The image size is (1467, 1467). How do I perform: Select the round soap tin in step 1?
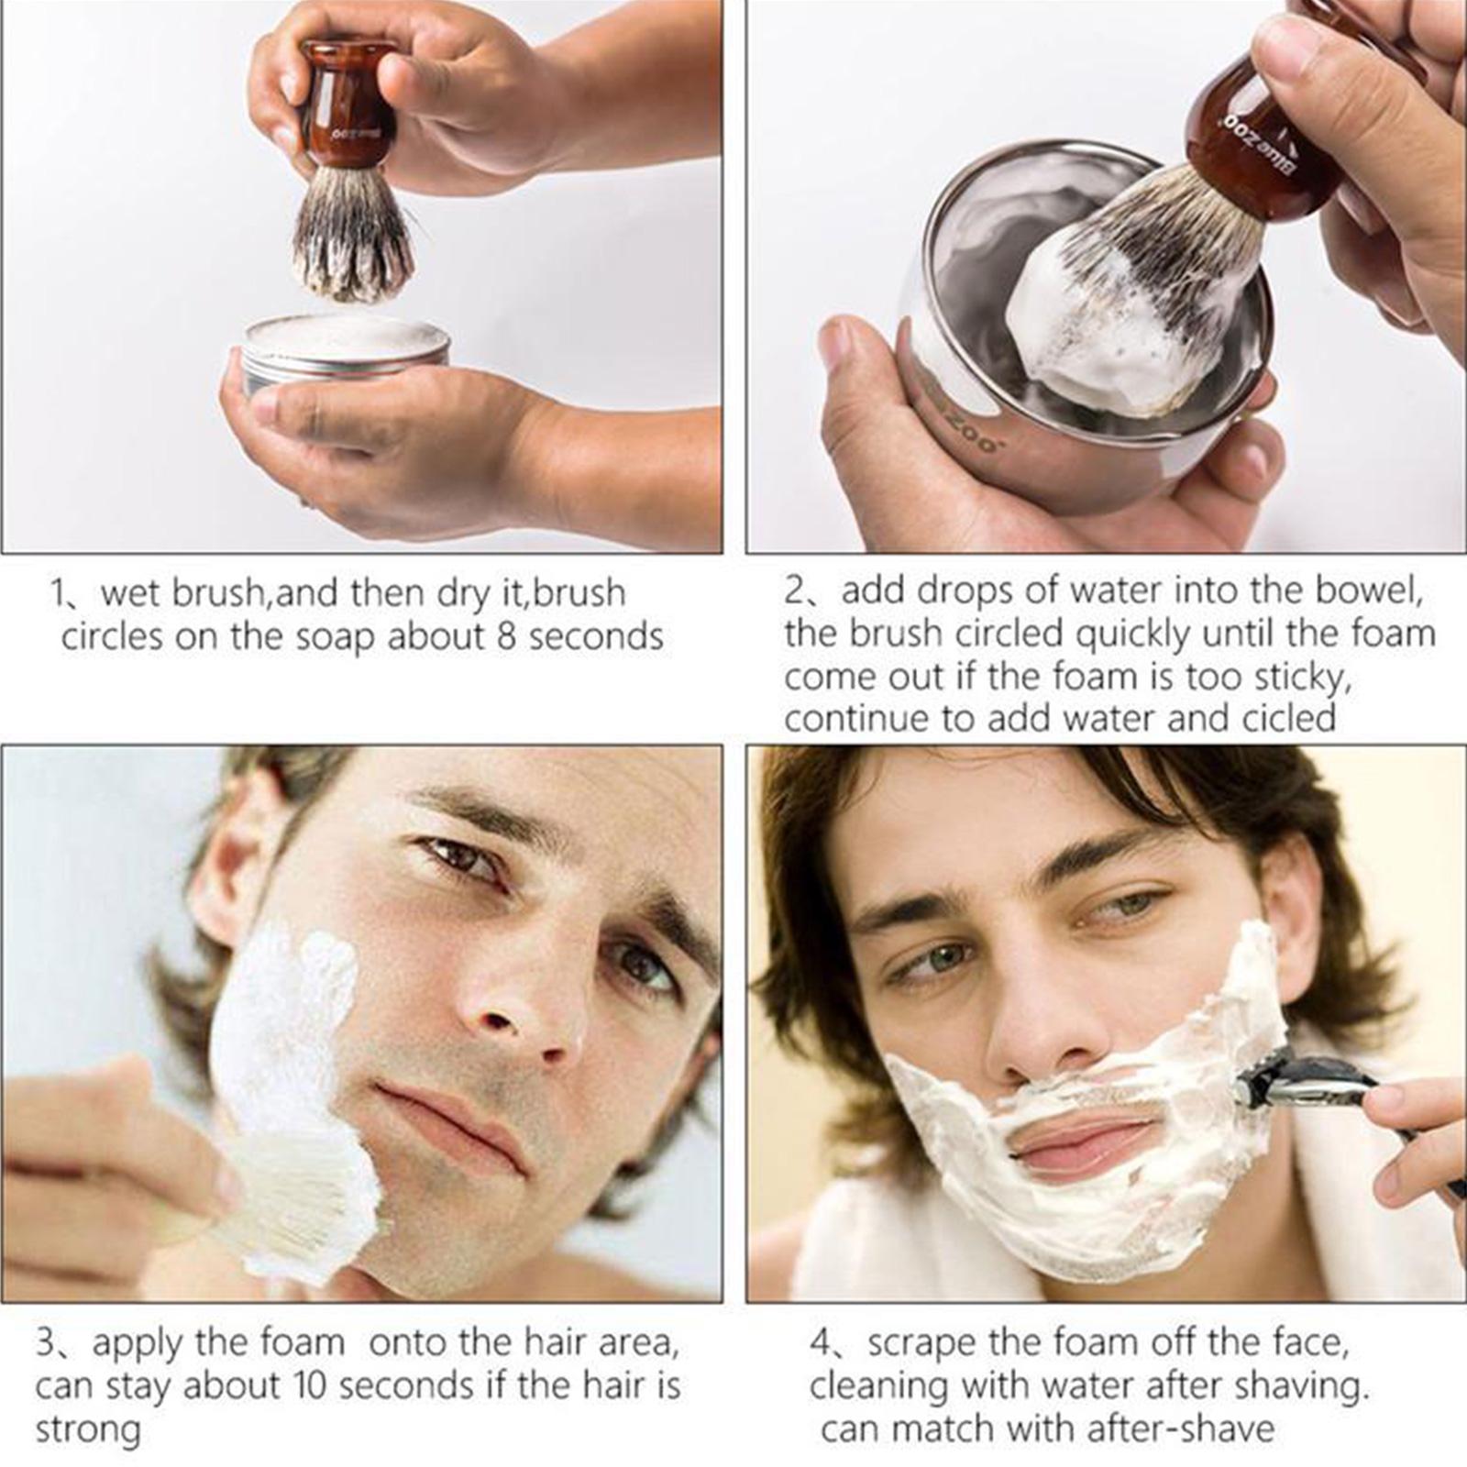pyautogui.click(x=346, y=353)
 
